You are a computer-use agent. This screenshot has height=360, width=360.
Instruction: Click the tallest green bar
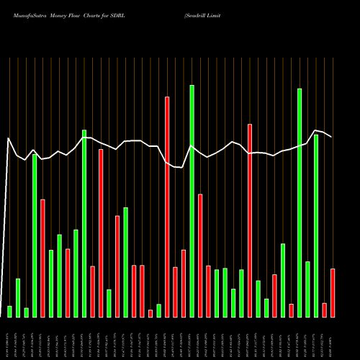192,201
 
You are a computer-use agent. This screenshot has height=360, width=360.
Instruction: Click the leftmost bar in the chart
9,311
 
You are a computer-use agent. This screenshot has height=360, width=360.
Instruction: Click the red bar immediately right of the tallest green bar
200,256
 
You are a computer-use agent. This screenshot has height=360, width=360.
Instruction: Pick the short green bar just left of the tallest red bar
158,310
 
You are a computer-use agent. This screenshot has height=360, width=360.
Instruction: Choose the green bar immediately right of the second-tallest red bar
258,299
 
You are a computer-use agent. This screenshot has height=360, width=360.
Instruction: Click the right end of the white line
332,137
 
